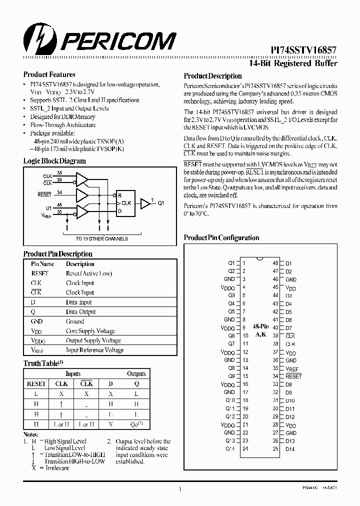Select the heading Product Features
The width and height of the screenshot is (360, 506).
tap(49, 74)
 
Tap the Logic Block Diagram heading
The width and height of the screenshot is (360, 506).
tap(54, 161)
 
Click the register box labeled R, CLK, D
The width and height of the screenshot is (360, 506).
tap(124, 203)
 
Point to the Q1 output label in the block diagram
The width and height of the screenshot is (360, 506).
tap(161, 203)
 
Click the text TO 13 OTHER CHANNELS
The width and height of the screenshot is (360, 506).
tap(102, 238)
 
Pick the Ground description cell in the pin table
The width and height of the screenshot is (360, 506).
tap(75, 321)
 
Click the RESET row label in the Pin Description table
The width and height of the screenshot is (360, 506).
tap(40, 273)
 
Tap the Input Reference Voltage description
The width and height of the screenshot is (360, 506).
tap(94, 350)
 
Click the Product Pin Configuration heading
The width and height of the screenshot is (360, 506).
tap(221, 238)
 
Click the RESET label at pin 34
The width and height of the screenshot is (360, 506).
tap(293, 376)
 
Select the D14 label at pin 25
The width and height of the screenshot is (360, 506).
tap(290, 449)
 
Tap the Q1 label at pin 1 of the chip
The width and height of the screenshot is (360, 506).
tap(231, 263)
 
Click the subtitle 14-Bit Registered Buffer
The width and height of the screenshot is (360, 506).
tap(293, 63)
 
